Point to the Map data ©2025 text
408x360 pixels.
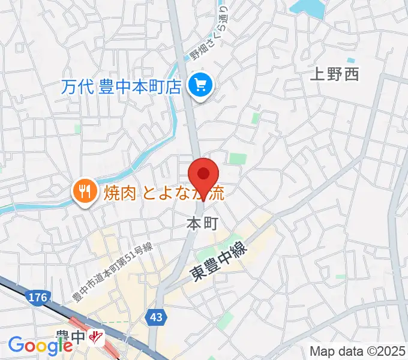pyautogui.click(x=358, y=350)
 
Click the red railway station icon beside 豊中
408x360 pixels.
pyautogui.click(x=95, y=338)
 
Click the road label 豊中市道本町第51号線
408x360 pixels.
pyautogui.click(x=112, y=272)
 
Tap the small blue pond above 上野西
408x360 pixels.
pyautogui.click(x=350, y=61)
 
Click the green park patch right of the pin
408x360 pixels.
pyautogui.click(x=238, y=158)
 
